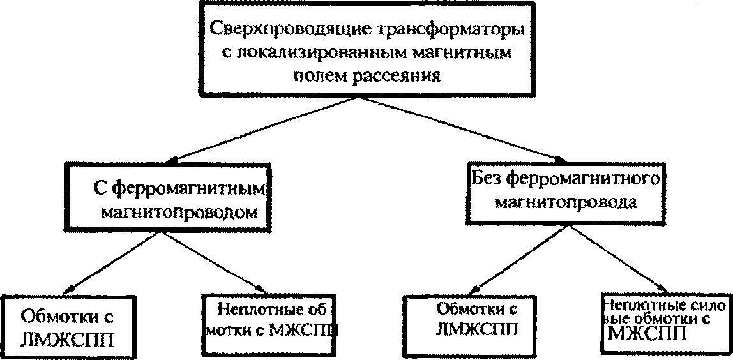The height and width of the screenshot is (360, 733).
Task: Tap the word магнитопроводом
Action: coord(179,213)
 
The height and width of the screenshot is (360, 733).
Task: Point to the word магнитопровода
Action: coord(566,202)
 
